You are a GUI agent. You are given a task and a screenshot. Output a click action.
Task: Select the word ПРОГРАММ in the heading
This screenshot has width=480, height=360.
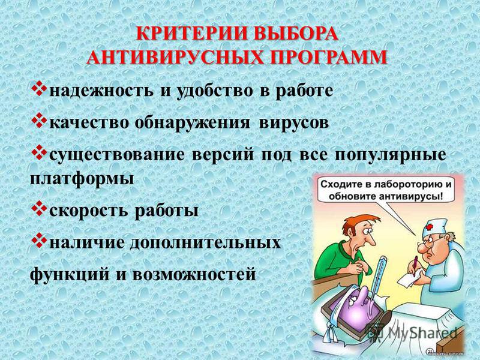point(328,56)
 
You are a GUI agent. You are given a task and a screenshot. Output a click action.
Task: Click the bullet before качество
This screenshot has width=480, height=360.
point(38,122)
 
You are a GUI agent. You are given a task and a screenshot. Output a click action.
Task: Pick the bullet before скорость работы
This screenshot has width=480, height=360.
point(38,209)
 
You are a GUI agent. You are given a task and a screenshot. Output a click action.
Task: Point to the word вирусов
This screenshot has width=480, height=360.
point(294,123)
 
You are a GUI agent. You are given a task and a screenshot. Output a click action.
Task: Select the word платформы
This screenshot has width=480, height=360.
point(82,179)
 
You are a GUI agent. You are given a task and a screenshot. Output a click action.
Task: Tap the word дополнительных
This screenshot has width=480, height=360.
point(205,242)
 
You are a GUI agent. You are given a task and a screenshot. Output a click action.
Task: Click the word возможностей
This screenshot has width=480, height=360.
point(194,274)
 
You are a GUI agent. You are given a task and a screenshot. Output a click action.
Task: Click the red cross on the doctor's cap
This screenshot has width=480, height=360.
point(430,227)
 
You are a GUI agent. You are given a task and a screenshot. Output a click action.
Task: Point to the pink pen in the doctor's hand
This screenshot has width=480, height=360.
point(415,265)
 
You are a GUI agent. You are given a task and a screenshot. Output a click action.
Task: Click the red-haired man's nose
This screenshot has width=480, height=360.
point(371,239)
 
